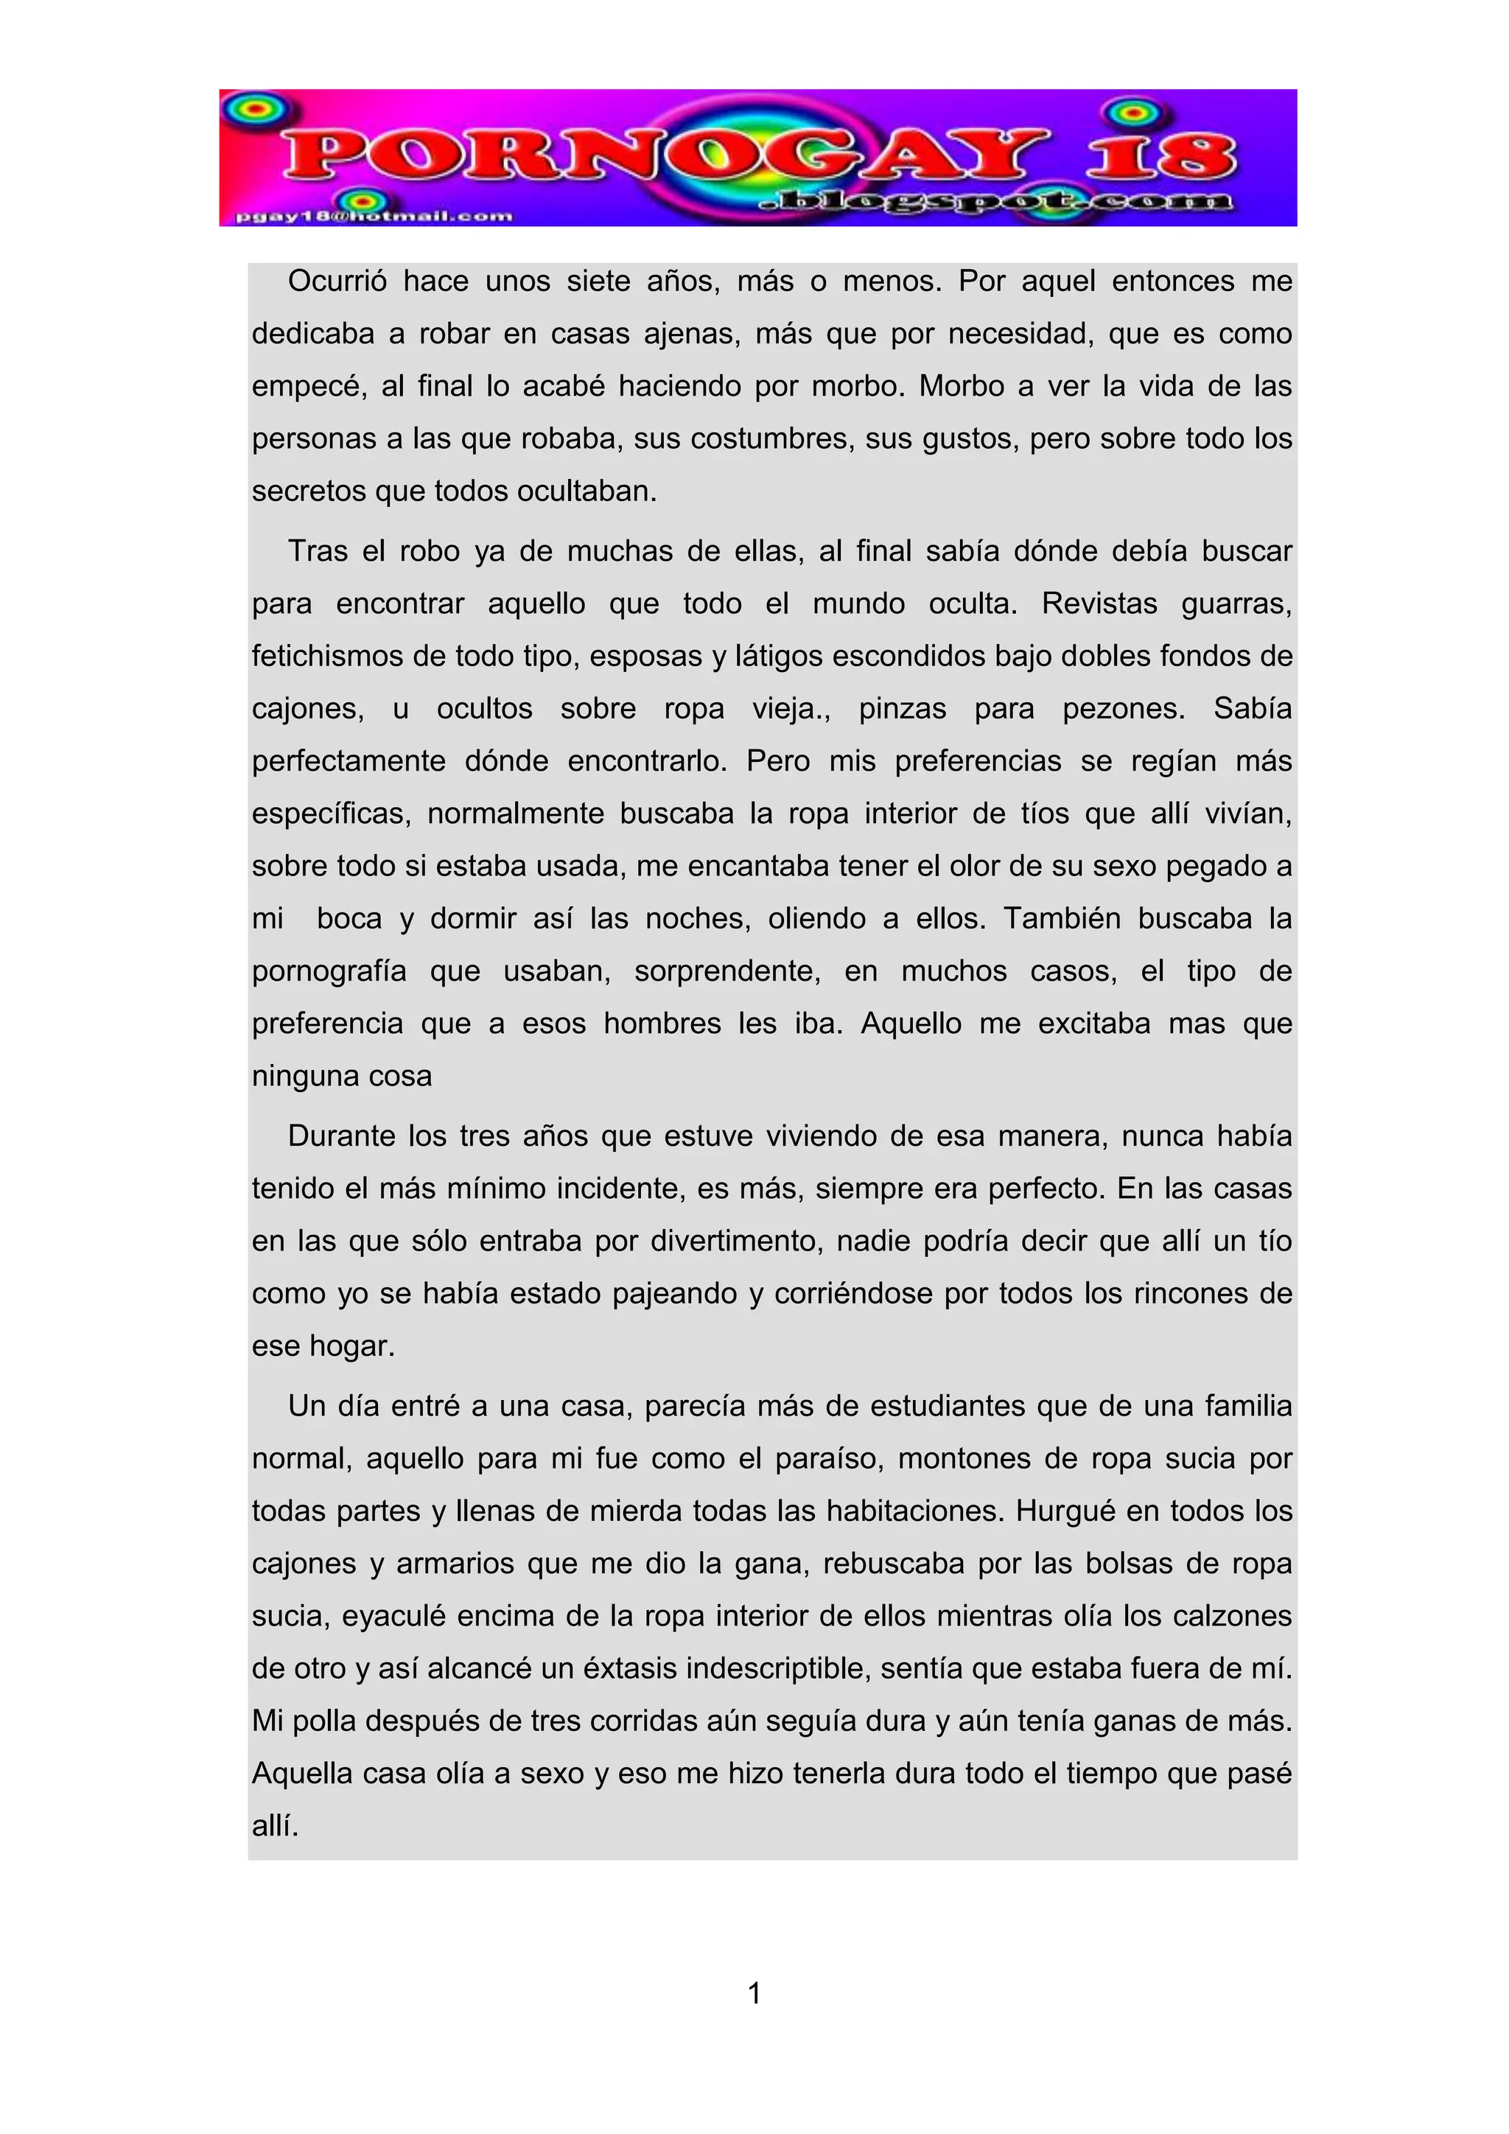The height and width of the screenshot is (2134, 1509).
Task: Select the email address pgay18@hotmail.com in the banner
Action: [374, 217]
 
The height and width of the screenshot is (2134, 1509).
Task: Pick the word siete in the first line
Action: [598, 281]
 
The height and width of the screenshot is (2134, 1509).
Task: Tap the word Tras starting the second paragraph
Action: [316, 551]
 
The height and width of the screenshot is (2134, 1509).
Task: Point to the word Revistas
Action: [1099, 604]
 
